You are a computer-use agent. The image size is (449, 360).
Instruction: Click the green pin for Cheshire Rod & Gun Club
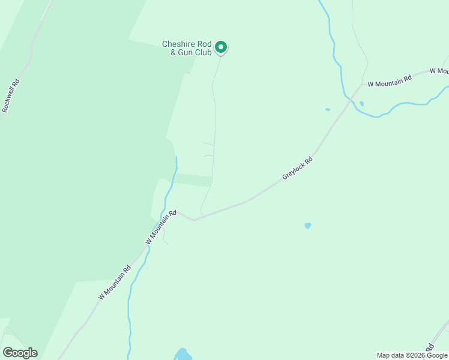(221, 47)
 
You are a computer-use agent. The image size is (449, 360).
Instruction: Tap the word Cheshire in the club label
(178, 44)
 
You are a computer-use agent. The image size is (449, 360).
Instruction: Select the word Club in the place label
(202, 52)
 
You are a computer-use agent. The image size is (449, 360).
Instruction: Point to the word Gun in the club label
(182, 52)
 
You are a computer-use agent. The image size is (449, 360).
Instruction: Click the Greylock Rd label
(298, 169)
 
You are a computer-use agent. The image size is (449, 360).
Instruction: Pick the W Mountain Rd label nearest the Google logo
(115, 284)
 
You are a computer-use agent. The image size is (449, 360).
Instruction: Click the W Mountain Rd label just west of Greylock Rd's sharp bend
(161, 227)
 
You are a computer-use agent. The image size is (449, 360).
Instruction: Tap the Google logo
(20, 353)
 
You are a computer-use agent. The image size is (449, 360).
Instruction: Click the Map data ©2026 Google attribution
(412, 355)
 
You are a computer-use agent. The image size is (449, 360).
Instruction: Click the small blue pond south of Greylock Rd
(308, 226)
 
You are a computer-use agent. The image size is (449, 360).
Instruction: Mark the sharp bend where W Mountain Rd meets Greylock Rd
(193, 220)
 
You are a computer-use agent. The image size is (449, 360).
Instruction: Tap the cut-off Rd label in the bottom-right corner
(430, 347)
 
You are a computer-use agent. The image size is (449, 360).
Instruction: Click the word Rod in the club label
(205, 44)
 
